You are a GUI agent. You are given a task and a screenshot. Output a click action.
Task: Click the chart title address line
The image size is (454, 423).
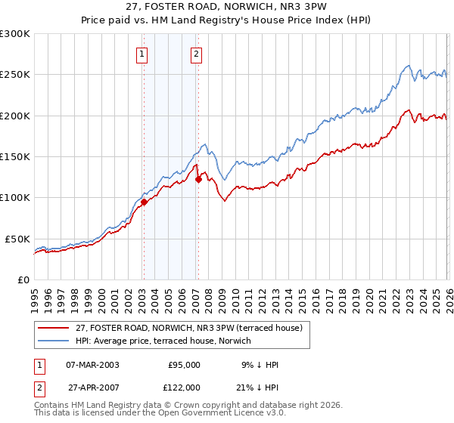228,8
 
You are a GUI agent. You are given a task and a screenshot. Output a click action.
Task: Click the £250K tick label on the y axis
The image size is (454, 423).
15,75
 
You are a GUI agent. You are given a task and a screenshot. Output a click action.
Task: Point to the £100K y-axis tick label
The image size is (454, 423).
15,197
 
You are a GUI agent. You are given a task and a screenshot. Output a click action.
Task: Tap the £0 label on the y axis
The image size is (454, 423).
23,279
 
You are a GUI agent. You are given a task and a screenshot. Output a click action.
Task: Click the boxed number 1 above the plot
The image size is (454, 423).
143,54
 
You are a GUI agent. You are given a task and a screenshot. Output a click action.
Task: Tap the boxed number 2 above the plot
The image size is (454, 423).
196,54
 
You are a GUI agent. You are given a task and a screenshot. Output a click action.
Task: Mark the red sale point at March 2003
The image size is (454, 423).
143,202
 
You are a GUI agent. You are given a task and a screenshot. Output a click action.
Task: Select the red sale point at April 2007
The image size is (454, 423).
198,179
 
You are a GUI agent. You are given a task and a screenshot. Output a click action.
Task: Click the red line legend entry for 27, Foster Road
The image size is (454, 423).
189,328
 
